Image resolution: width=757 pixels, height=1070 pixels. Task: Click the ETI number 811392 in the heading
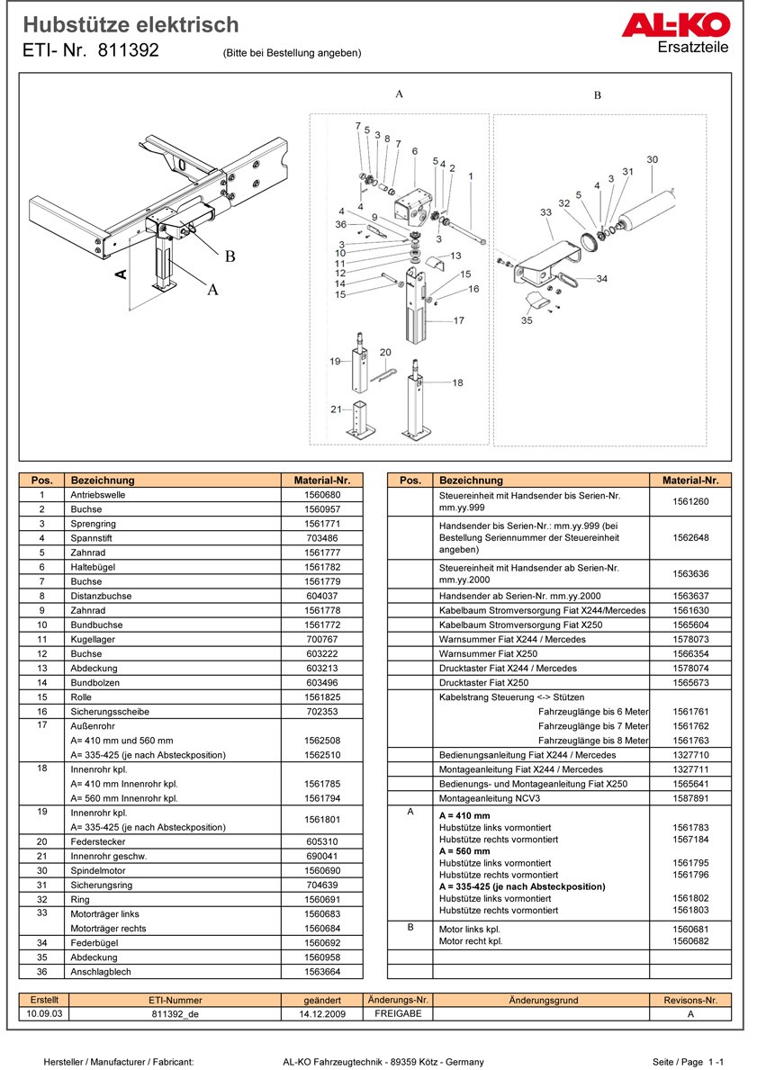[x=128, y=51]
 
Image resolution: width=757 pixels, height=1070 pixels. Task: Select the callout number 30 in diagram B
[x=652, y=160]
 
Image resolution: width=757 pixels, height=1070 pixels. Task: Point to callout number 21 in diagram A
[x=336, y=409]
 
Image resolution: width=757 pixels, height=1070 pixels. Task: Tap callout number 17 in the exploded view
[x=458, y=320]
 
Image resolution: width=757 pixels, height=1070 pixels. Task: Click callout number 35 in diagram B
[x=527, y=319]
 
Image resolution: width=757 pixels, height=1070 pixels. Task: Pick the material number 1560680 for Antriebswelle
[x=321, y=495]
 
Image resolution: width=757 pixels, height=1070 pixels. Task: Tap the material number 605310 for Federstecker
[x=321, y=841]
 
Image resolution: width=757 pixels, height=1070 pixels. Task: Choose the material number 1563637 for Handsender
[x=690, y=596]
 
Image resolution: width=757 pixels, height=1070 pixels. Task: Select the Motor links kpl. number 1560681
[x=690, y=930]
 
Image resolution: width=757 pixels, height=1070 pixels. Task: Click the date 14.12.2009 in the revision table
[x=323, y=1013]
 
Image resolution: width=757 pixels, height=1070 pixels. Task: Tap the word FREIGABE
[x=398, y=1013]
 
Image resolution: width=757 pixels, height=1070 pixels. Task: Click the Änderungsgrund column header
[x=543, y=1000]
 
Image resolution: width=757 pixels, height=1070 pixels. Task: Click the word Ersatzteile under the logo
[x=693, y=48]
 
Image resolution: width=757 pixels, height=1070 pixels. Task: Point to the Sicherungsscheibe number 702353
[x=321, y=711]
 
